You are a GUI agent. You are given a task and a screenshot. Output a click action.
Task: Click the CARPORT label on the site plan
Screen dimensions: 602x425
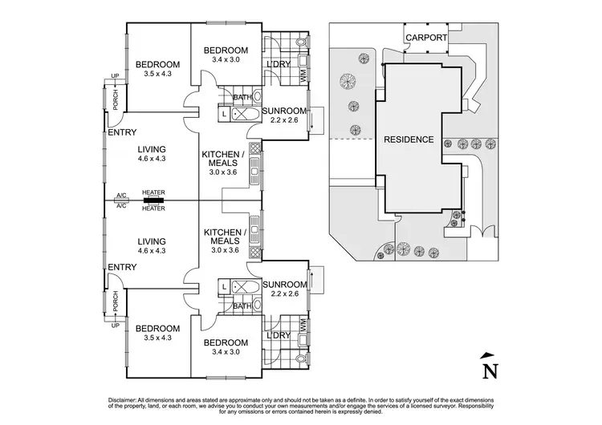426,38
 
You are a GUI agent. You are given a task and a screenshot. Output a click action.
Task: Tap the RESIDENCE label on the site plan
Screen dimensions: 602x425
409,140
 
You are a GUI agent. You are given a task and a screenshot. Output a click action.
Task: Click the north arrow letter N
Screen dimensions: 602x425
490,371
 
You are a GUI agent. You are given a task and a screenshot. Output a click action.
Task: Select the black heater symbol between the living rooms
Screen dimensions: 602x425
153,200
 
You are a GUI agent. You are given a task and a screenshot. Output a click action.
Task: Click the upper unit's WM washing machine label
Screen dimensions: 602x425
303,75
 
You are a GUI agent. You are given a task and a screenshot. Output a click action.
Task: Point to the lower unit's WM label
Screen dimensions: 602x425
303,325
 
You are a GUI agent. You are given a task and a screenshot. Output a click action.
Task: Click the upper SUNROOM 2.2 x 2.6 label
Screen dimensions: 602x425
284,115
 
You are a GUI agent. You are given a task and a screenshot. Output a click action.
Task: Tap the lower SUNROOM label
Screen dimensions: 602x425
285,284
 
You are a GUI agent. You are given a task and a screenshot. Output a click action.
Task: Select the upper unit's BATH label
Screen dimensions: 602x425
242,97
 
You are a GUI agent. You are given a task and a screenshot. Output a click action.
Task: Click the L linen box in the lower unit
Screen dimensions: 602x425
224,286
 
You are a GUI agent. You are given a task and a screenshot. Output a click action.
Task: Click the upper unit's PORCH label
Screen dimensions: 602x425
116,99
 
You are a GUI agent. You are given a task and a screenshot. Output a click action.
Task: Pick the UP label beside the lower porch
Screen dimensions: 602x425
115,326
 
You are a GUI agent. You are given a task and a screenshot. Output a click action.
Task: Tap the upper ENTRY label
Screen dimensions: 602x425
122,132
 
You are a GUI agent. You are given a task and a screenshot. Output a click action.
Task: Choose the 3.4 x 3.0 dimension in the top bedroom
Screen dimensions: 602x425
226,59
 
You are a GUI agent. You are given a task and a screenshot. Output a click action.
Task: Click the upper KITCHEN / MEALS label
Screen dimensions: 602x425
223,163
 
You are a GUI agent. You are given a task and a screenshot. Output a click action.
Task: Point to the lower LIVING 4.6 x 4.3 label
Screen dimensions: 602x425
152,245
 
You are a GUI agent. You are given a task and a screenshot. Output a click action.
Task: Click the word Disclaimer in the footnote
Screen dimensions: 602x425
122,400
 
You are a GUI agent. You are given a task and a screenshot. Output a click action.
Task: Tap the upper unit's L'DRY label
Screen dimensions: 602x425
279,64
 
